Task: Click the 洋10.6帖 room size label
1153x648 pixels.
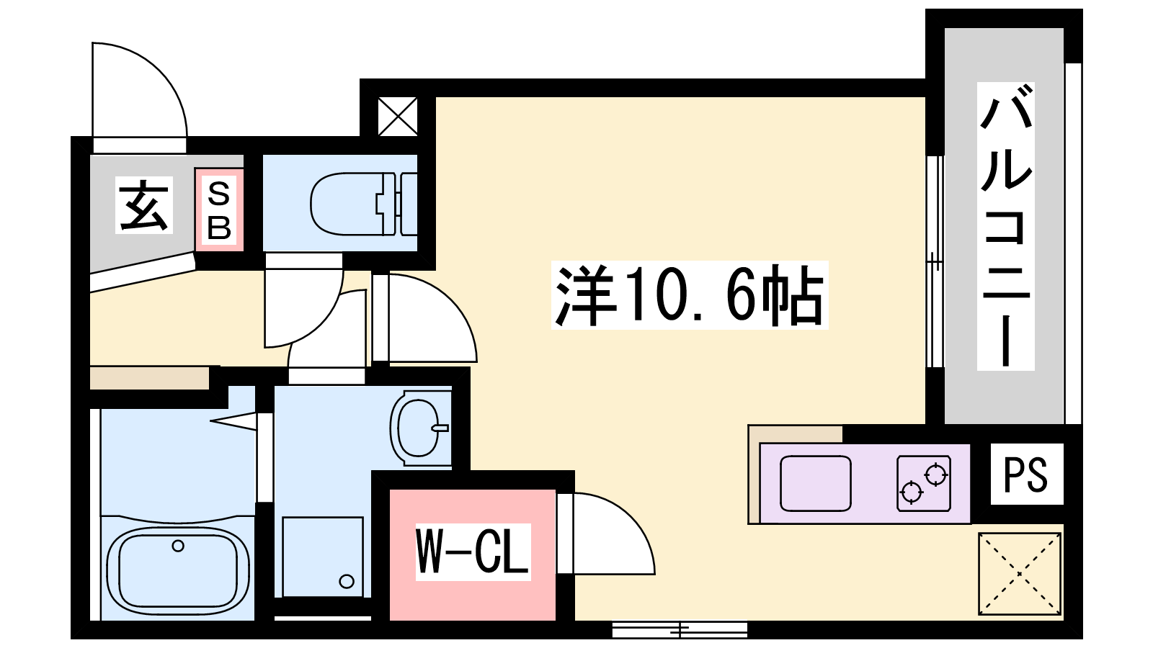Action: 690,295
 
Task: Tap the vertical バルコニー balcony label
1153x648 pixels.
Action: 1006,226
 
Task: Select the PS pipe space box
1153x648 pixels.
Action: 1026,474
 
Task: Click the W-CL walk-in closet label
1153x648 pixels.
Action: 473,552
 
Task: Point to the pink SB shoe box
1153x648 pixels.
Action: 219,210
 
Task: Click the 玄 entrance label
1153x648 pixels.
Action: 143,204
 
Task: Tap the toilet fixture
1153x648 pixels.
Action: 364,204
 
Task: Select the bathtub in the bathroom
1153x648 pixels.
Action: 178,570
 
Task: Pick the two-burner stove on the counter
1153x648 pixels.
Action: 923,483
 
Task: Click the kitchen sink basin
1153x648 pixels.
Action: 815,483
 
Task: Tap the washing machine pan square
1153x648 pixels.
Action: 323,557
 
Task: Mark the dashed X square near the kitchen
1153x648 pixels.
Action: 1020,574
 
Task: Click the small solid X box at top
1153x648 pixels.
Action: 398,117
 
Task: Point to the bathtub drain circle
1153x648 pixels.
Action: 178,546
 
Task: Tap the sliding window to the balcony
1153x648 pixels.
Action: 935,262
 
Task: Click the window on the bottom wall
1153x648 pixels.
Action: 680,629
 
